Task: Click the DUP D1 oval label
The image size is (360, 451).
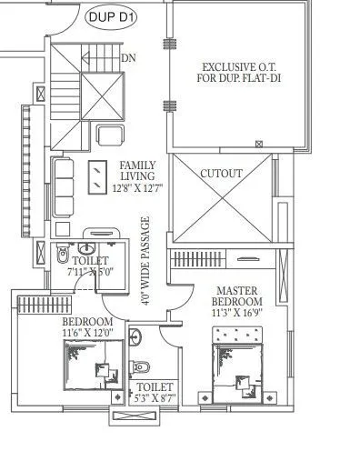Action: tap(112, 15)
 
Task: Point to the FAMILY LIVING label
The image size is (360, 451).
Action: tap(137, 170)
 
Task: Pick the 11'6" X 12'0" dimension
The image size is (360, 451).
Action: tap(87, 334)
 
